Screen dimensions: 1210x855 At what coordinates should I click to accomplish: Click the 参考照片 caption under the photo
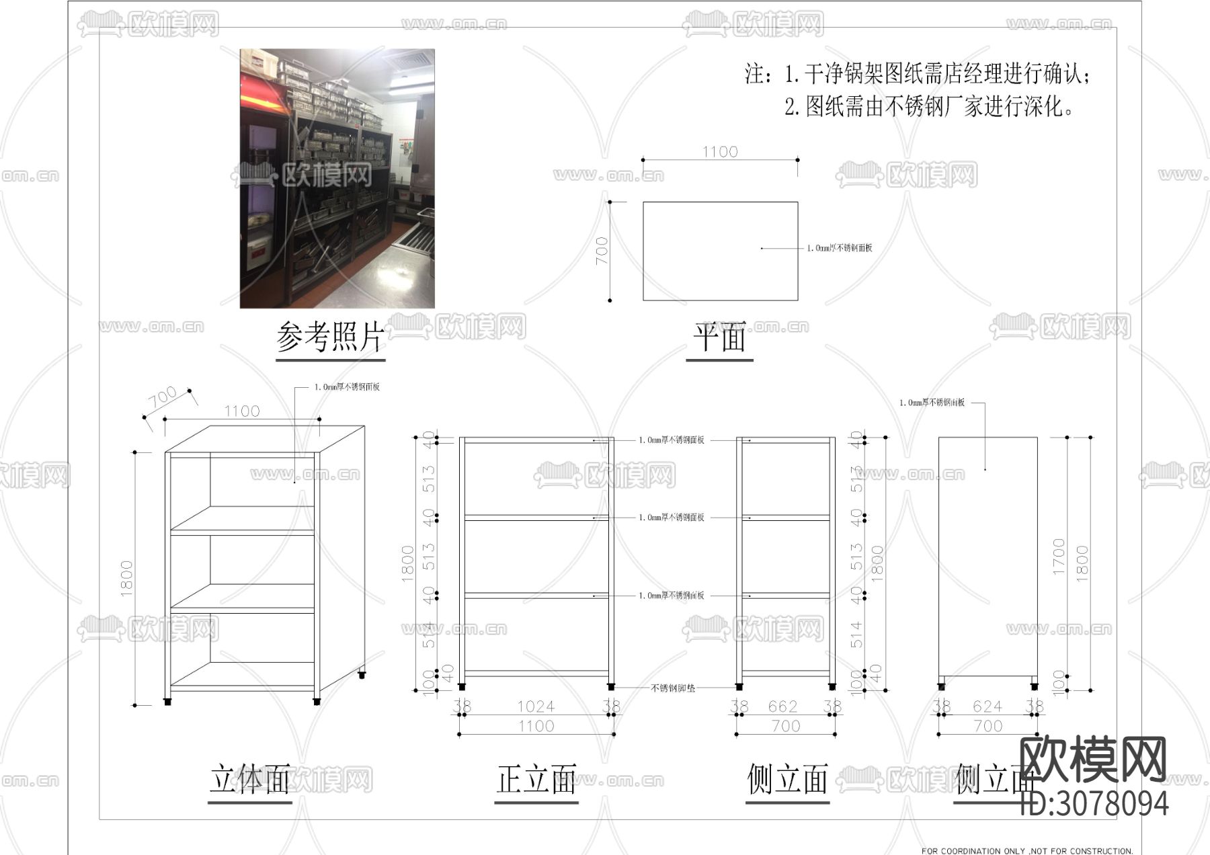click(330, 337)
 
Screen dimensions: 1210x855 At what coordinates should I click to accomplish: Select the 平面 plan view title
click(719, 337)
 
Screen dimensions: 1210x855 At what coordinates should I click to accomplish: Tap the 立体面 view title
click(250, 779)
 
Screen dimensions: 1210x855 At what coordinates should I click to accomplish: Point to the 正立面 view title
click(536, 779)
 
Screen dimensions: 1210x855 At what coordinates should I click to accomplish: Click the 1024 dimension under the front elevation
click(536, 706)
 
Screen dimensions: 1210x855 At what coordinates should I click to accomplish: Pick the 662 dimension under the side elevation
click(782, 706)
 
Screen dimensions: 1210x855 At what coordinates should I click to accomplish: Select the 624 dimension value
click(987, 706)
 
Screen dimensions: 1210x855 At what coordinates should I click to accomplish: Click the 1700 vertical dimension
click(1059, 557)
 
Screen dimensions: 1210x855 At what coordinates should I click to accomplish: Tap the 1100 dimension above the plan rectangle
click(720, 152)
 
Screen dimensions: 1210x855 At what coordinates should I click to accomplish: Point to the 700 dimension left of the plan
click(602, 251)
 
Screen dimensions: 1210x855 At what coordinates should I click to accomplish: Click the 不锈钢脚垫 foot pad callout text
click(673, 688)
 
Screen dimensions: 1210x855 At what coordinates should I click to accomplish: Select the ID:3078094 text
click(1094, 803)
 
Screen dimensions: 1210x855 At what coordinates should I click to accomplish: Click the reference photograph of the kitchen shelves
click(337, 178)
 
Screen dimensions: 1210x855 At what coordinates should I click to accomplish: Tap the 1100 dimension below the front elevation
click(536, 726)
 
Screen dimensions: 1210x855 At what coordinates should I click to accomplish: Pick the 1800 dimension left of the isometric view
click(126, 578)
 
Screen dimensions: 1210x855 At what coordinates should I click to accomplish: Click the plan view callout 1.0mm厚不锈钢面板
click(840, 248)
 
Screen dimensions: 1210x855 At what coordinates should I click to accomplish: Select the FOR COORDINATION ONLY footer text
click(1026, 850)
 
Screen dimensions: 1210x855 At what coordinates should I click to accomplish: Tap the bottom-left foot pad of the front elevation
click(461, 687)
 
